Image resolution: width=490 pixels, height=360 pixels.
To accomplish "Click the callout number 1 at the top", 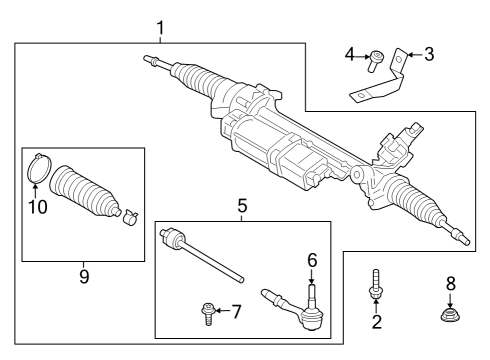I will [x=159, y=27].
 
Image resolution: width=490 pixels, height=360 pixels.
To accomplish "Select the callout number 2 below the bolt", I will [x=377, y=322].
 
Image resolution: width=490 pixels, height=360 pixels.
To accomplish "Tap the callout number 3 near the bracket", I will [x=428, y=54].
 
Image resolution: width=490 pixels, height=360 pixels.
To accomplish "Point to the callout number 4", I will [x=350, y=54].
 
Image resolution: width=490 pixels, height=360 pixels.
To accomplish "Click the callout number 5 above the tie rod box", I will [x=241, y=207].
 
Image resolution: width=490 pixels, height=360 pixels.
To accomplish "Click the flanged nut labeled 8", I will [x=450, y=319].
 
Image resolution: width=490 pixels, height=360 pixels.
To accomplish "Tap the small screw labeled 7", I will [x=206, y=313].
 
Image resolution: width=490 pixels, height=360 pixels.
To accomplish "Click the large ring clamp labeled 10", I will [x=38, y=168].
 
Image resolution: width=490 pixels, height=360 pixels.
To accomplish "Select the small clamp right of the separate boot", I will [x=128, y=215].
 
